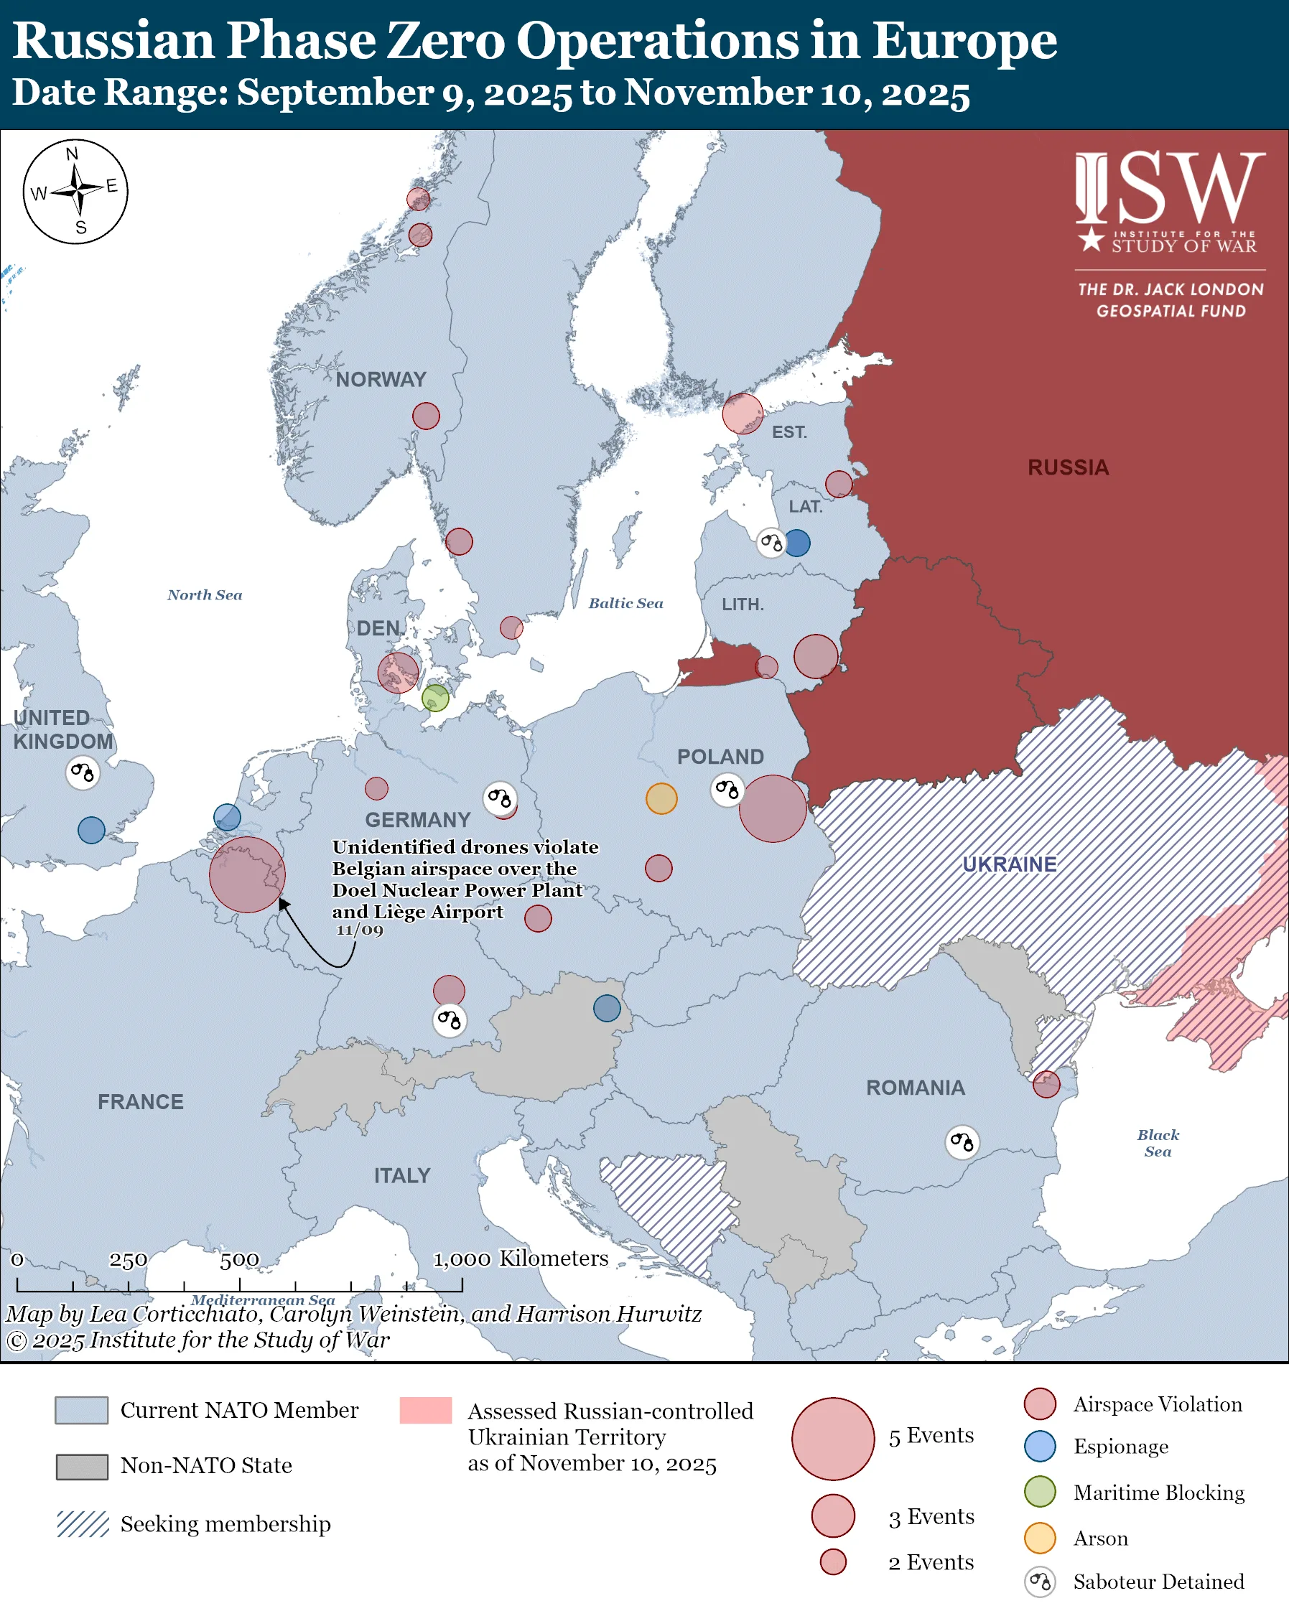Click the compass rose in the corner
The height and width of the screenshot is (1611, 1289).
(75, 191)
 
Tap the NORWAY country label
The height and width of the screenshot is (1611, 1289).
(381, 380)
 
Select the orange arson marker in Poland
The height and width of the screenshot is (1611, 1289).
(661, 798)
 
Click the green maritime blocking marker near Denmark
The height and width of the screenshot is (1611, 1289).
(435, 698)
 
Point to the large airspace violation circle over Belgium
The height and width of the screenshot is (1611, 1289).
(246, 874)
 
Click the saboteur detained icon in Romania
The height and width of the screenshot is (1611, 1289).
(962, 1141)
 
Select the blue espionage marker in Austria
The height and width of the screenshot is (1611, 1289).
(607, 1008)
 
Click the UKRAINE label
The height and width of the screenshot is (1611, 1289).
(1009, 864)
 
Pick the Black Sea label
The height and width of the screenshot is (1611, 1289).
(1158, 1142)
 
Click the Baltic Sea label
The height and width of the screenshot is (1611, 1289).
(625, 603)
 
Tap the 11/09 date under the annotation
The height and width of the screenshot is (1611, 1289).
(360, 930)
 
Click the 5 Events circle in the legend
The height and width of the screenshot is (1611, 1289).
(832, 1439)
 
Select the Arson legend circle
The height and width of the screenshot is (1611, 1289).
(1039, 1538)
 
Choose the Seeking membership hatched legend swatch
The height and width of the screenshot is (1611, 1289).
(83, 1523)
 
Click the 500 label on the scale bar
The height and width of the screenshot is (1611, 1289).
(239, 1260)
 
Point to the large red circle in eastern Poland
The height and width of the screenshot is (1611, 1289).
(773, 808)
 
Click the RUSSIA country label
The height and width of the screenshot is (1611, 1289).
(1068, 468)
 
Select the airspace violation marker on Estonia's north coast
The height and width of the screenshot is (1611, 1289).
(742, 414)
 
